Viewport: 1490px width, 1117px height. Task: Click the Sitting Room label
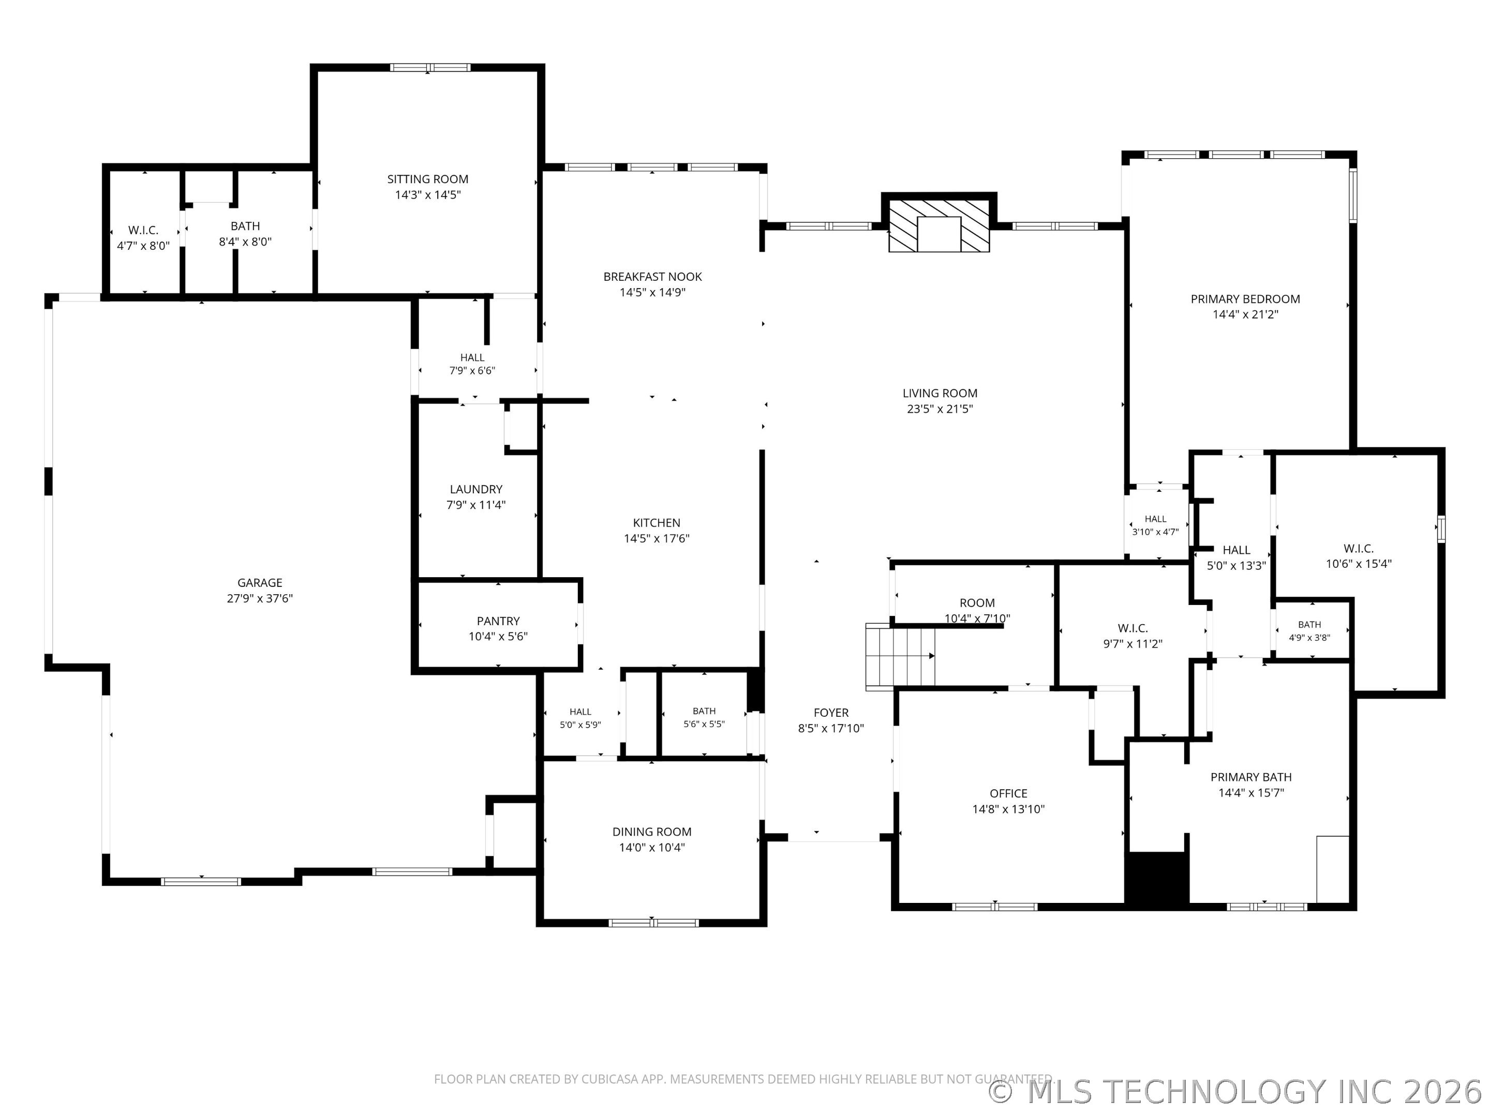tap(428, 179)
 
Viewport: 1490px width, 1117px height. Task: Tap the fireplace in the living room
tap(939, 225)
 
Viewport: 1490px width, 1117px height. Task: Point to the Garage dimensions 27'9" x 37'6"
tap(260, 598)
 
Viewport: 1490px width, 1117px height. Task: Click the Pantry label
tap(498, 621)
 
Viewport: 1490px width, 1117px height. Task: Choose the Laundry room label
tap(476, 490)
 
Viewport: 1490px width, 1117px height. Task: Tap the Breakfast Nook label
tap(653, 277)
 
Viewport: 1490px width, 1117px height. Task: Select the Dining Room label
tap(652, 832)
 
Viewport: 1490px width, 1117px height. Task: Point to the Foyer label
tap(831, 713)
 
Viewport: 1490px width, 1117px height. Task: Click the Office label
tap(1008, 794)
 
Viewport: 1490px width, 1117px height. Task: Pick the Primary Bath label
tap(1251, 777)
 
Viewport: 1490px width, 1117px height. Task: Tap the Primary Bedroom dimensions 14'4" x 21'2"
tap(1245, 314)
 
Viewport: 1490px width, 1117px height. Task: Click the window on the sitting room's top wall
tap(430, 67)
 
